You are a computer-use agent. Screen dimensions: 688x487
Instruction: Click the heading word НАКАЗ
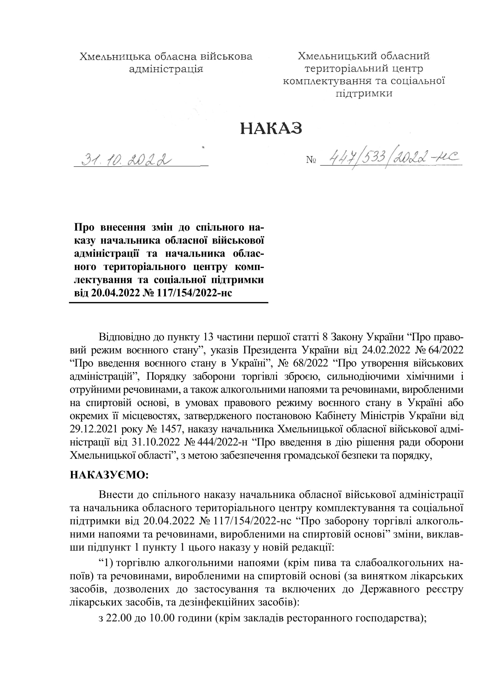pos(271,129)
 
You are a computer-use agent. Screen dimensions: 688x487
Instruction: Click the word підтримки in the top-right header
pos(364,94)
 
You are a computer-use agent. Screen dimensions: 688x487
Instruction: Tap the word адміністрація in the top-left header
pos(166,69)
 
